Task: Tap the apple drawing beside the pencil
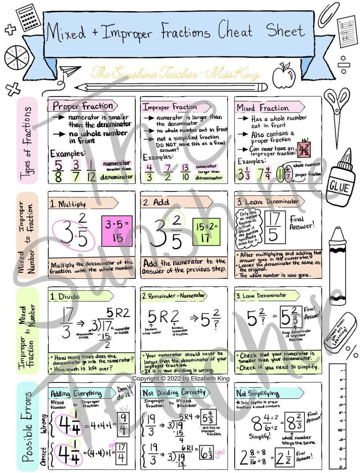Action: (x=284, y=76)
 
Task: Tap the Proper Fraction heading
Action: (x=82, y=106)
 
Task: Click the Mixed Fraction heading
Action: (x=263, y=108)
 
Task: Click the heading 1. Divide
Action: (x=65, y=296)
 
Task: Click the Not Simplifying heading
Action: (x=258, y=393)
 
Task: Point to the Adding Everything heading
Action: (x=76, y=393)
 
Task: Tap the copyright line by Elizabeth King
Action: (x=181, y=378)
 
